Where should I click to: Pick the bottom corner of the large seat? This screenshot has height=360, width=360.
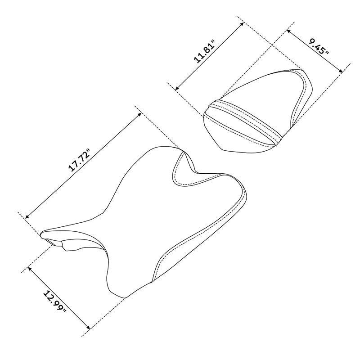pyautogui.click(x=124, y=297)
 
